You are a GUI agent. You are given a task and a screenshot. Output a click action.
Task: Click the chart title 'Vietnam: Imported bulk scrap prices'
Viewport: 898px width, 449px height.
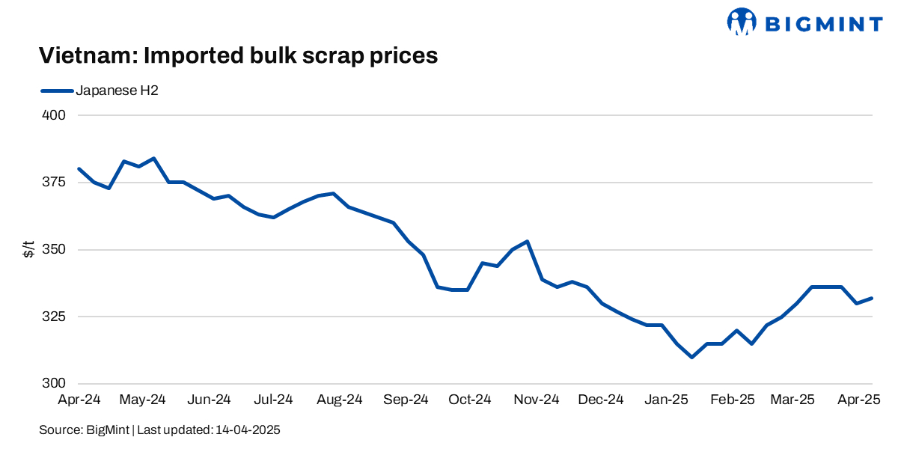238,56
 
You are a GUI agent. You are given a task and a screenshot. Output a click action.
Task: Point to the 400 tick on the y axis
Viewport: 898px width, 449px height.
56,116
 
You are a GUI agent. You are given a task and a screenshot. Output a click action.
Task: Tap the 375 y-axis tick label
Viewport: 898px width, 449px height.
56,183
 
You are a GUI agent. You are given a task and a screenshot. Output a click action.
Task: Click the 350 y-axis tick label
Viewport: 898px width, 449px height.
56,249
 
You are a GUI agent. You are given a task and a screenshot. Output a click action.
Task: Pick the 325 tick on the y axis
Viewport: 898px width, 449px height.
56,317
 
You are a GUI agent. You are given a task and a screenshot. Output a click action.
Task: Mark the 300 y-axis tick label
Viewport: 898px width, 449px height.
56,383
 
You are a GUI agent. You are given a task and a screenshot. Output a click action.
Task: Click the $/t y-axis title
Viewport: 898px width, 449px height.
28,249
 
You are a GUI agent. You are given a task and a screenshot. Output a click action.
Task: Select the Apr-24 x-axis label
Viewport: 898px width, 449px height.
79,400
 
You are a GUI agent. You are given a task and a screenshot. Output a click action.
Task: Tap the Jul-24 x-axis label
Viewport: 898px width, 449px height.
273,400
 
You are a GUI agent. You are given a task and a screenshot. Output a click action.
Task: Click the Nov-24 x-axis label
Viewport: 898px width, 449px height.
536,400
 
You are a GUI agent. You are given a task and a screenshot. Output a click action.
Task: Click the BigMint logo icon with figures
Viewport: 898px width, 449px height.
742,22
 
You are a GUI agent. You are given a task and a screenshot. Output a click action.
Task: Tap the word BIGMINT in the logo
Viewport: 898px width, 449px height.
823,24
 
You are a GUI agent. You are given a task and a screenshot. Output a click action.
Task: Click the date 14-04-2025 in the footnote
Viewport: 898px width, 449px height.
248,430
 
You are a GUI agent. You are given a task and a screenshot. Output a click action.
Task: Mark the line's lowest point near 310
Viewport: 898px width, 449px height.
692,357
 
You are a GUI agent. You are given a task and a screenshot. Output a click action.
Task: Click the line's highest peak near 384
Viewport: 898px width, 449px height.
153,159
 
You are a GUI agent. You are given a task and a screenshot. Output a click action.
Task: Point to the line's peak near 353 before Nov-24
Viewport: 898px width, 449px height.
528,242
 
